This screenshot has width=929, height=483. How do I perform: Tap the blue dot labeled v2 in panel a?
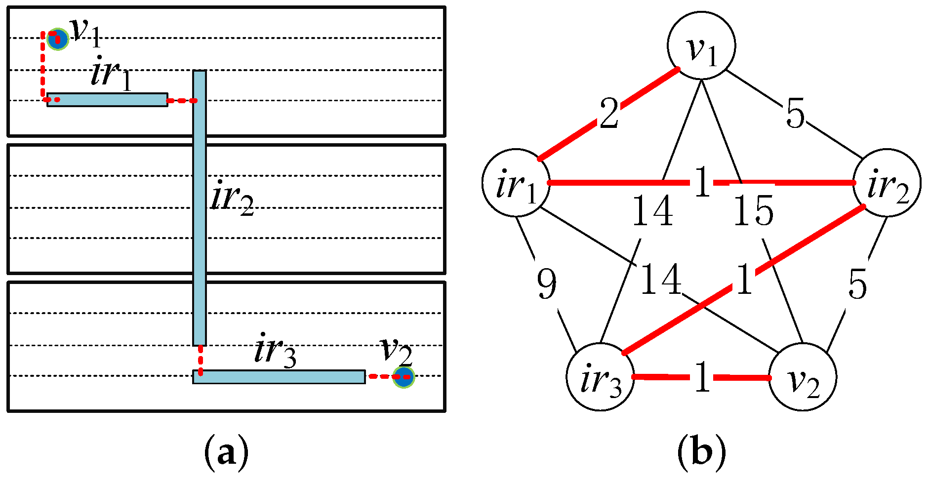coord(404,377)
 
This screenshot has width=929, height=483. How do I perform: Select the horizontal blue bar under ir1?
coord(108,100)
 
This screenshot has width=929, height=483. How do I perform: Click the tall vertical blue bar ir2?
coord(200,207)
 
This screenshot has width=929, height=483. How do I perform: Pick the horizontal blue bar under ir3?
coord(279,377)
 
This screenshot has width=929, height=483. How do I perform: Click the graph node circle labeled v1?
coord(701,45)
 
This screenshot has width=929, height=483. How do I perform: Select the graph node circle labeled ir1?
coord(516,183)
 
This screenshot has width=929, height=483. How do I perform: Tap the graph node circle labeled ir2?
coord(887,183)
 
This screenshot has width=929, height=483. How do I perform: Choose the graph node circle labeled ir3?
coord(600,377)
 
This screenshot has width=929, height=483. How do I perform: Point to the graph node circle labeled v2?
coord(802,377)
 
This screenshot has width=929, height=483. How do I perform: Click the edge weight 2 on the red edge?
coord(609,113)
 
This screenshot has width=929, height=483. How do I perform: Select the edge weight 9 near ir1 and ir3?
coord(547,284)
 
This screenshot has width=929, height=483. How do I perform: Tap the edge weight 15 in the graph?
coord(753,210)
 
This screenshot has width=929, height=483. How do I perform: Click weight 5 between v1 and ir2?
coord(795,114)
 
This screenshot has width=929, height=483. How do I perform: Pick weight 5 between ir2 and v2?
coord(857,284)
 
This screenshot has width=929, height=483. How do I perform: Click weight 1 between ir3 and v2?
coord(701,377)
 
